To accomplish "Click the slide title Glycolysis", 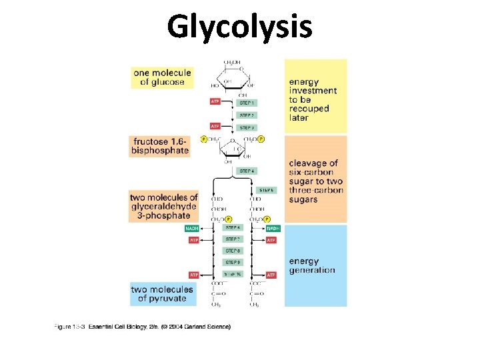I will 239,27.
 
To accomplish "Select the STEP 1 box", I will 247,103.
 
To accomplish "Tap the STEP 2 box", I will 247,115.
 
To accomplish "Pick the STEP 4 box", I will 247,171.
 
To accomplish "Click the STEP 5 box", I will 266,190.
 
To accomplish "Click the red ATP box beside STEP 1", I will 215,102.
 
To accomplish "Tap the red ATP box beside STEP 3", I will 215,126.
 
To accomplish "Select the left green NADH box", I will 193,228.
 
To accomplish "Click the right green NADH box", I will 273,228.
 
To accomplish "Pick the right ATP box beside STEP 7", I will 271,240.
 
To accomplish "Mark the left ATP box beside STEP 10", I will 194,275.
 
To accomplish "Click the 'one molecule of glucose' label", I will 162,77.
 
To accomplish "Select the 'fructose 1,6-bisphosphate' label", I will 161,146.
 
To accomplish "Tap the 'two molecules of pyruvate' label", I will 162,294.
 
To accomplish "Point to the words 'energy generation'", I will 311,265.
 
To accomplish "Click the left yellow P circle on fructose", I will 204,139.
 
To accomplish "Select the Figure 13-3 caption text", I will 142,327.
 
